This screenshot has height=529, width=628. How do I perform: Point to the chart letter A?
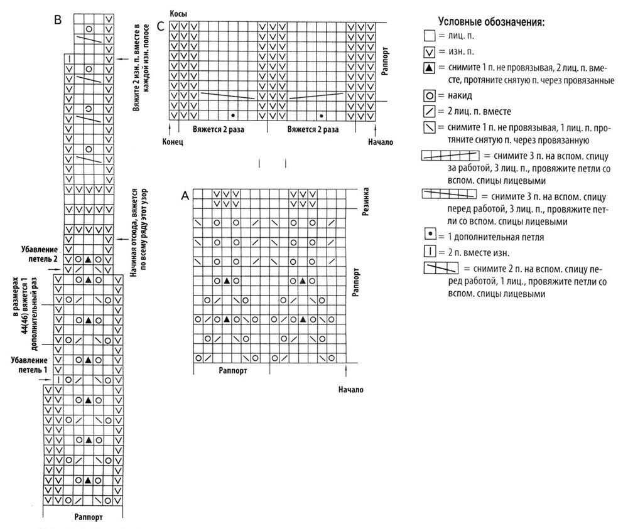point(185,196)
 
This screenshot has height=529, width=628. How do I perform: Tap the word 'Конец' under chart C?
point(172,142)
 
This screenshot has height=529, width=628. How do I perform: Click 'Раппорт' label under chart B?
point(88,518)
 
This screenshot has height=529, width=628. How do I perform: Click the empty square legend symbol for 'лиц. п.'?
point(429,36)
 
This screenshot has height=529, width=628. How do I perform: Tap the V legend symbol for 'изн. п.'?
point(429,51)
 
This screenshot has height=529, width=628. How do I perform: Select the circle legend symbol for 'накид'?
point(429,96)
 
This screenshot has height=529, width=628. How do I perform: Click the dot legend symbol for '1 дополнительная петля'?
point(429,237)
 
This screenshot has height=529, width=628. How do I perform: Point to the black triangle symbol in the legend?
point(429,67)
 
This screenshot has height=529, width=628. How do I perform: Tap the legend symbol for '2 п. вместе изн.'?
point(429,252)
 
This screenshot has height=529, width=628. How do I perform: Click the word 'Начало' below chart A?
point(350,389)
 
